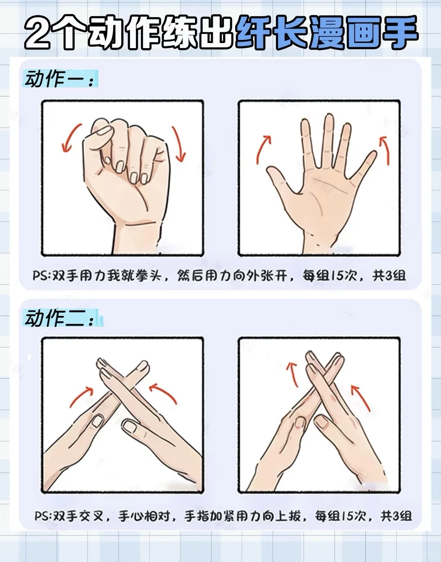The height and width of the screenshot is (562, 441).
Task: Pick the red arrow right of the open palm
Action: pyautogui.click(x=385, y=150)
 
